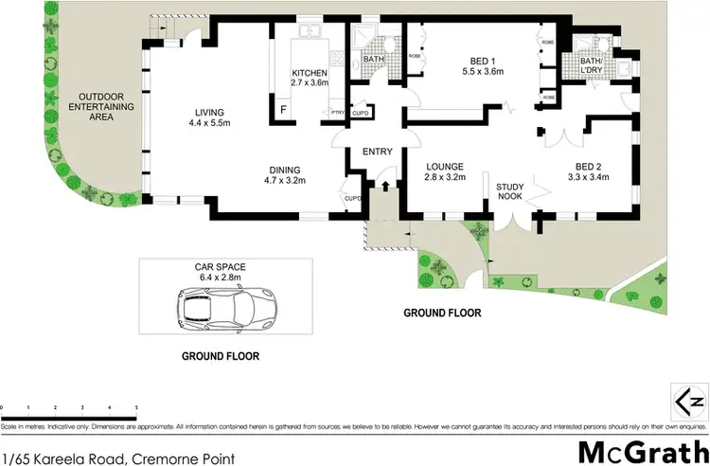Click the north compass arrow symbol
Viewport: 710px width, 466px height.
pyautogui.click(x=689, y=400)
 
